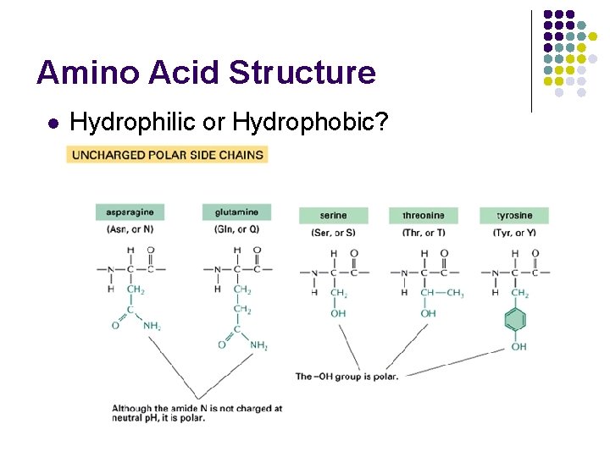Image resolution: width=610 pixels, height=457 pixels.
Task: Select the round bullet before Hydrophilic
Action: (x=53, y=124)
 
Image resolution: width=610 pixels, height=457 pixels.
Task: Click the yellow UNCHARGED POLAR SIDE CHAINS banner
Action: (x=167, y=154)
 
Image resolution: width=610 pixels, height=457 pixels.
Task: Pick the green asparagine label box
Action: (x=130, y=212)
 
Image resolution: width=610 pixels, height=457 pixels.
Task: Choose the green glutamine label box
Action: (x=236, y=212)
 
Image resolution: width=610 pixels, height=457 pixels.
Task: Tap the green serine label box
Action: (x=333, y=215)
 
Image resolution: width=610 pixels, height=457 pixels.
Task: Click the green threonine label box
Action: (x=424, y=215)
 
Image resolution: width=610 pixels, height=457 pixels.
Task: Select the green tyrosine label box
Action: (x=513, y=215)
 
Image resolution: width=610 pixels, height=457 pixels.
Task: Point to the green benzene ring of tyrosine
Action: (x=514, y=321)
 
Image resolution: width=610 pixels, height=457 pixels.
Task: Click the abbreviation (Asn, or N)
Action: (x=130, y=228)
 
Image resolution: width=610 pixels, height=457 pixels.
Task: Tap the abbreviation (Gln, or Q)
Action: (x=236, y=228)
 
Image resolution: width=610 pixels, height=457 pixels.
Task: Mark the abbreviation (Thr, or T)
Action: (x=424, y=232)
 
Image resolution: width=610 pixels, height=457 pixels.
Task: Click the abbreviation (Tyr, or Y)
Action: (x=513, y=232)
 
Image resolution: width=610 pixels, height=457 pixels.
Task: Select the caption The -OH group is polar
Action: (x=347, y=376)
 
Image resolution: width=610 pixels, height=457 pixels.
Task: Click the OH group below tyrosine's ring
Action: (x=518, y=346)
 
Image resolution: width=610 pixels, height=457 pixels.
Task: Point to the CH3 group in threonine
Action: (x=455, y=294)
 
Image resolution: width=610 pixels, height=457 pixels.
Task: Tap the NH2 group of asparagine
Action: (x=152, y=325)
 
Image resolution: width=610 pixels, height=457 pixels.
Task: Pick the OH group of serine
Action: (x=338, y=313)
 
